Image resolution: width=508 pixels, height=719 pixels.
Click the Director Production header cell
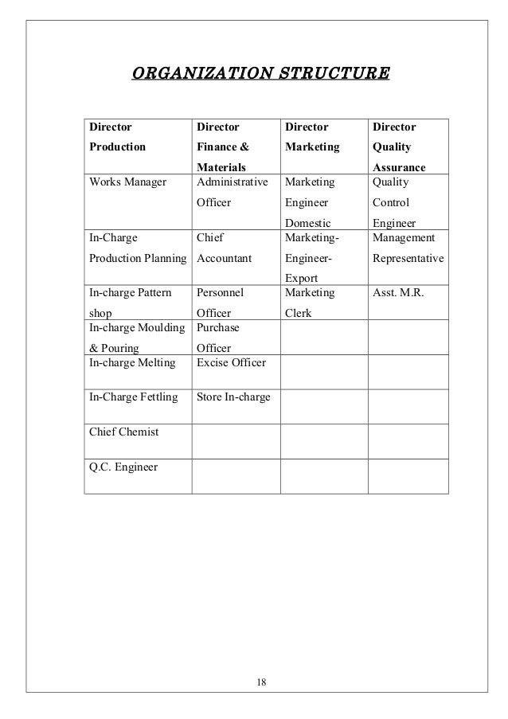pyautogui.click(x=117, y=137)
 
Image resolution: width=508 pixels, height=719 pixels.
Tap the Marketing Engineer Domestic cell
pyautogui.click(x=311, y=202)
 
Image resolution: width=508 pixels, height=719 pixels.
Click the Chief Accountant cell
pyautogui.click(x=224, y=248)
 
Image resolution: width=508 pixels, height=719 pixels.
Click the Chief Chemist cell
pyautogui.click(x=123, y=432)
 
